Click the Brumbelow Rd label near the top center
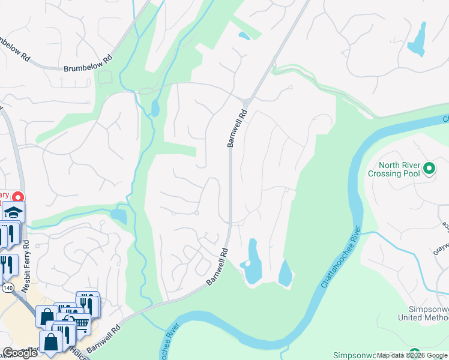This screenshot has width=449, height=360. [x=88, y=64]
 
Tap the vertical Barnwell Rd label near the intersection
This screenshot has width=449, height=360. [x=237, y=128]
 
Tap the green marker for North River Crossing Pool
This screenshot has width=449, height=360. [x=429, y=169]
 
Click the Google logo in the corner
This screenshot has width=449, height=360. [x=19, y=353]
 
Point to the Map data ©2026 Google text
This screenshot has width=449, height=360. [x=412, y=355]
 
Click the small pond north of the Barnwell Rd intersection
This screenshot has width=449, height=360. [x=244, y=36]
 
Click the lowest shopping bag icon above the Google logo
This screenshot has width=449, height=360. [x=52, y=342]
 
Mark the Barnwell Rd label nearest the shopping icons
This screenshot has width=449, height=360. [x=103, y=339]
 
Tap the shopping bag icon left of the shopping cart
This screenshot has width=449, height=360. [x=46, y=316]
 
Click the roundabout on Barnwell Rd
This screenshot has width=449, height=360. [x=247, y=100]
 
